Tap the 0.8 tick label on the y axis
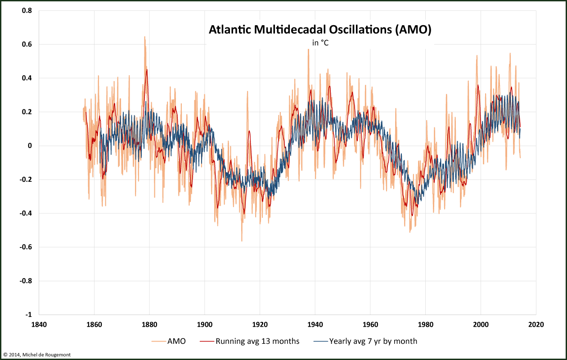coord(27,10)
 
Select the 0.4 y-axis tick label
coord(27,78)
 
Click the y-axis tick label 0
coord(30,146)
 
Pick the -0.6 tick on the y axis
coord(26,247)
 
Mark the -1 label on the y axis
coord(29,315)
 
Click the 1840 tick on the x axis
coord(39,324)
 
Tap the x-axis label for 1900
coord(205,324)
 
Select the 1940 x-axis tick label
coord(315,324)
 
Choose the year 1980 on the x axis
coord(425,324)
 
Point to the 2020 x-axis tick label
coord(536,324)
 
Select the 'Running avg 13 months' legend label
coord(257,341)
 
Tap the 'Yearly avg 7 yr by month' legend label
coord(373,341)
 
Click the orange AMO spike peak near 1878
coord(144,37)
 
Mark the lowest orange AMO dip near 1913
coord(242,241)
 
